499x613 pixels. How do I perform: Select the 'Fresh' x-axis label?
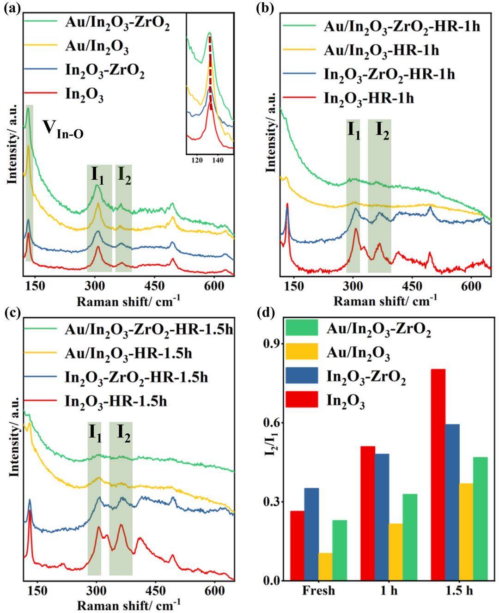[318, 592]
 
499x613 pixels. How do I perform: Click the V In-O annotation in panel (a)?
[63, 129]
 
